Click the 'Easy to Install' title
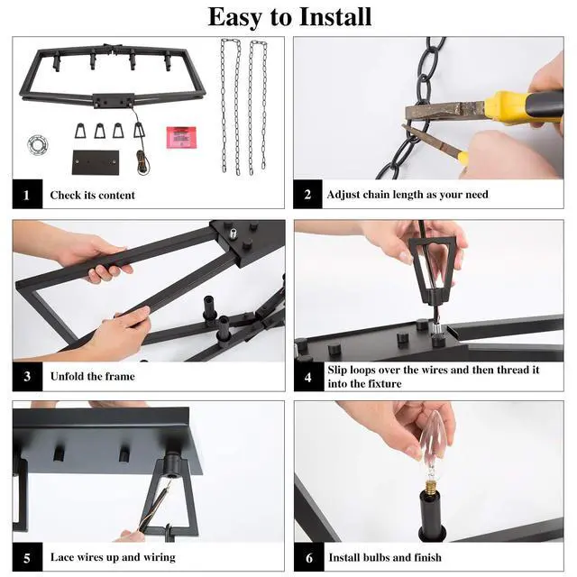click(x=289, y=17)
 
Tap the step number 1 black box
click(x=27, y=194)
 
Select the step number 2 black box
click(x=307, y=194)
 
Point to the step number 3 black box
click(x=27, y=376)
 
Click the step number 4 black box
click(x=308, y=377)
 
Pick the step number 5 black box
click(x=27, y=557)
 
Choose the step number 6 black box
click(x=308, y=557)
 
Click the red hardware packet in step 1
click(x=181, y=138)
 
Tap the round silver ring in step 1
click(x=38, y=144)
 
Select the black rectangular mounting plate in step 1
click(x=96, y=162)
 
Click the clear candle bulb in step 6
click(x=433, y=450)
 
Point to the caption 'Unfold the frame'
click(x=92, y=377)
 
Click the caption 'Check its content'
click(x=92, y=195)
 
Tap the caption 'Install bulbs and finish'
click(x=385, y=557)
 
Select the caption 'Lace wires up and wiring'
click(x=113, y=557)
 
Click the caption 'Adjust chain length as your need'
click(x=408, y=195)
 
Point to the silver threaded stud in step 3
click(x=233, y=234)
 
